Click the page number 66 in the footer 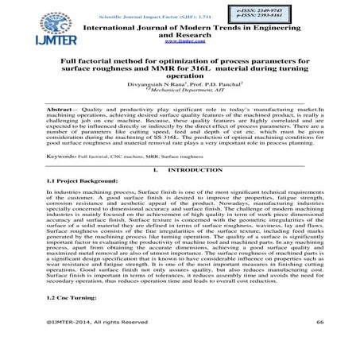pyautogui.click(x=320, y=344)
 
